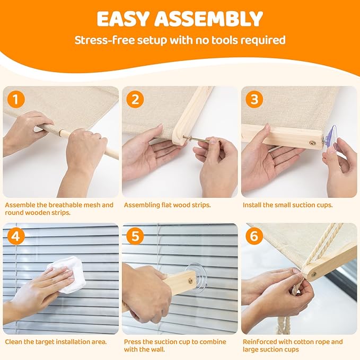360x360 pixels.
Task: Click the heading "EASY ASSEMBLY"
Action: point(180,19)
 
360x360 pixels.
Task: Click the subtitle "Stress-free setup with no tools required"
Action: point(180,40)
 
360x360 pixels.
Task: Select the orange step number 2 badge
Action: point(136,99)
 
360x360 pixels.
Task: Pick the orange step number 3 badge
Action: point(255,99)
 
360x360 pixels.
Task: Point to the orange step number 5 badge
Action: point(136,236)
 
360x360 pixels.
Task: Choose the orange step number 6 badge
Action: point(255,236)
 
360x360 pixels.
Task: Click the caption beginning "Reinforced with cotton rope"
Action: point(293,346)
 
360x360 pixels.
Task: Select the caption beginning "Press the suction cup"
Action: point(175,346)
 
